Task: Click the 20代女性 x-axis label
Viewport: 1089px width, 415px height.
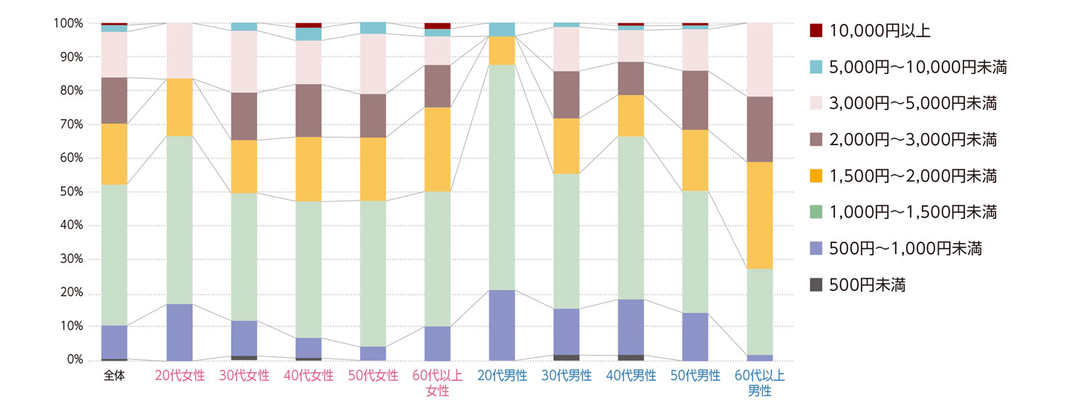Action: pos(179,376)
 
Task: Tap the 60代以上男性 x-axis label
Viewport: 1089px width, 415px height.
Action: pos(759,383)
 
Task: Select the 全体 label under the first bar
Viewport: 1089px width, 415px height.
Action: pos(115,376)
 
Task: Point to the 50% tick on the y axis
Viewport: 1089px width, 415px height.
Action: pos(69,192)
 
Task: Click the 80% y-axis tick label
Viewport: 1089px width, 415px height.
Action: pos(69,91)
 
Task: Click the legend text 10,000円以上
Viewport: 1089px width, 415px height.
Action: pos(879,31)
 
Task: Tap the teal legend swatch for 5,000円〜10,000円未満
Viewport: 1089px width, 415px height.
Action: pos(816,67)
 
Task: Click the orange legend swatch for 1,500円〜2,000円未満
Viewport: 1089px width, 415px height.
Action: pos(816,176)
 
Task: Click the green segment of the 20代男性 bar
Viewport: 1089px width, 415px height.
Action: pos(502,178)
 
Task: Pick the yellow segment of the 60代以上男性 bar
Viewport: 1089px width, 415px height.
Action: pos(759,215)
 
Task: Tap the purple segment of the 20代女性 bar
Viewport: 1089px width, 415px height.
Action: pos(179,332)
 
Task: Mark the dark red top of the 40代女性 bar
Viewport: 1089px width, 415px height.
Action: pos(309,25)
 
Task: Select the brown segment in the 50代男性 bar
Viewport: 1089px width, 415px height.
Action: pos(696,100)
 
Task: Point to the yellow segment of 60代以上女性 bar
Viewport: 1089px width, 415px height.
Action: pos(437,149)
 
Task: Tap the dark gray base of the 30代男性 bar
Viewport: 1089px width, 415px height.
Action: pos(566,358)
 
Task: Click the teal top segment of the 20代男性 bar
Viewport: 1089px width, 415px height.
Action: pos(502,30)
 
